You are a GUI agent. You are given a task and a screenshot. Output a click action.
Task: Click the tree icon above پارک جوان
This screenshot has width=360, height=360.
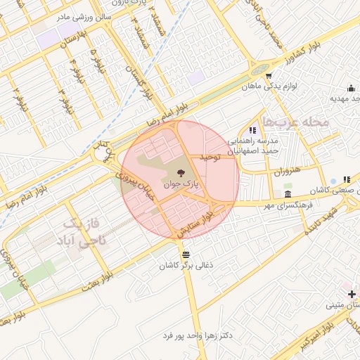[x=181, y=172]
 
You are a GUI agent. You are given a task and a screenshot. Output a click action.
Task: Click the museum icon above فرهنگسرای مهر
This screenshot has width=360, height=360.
[x=288, y=194]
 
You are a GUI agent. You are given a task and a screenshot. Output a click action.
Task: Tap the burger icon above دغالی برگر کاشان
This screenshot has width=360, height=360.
[x=185, y=254]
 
